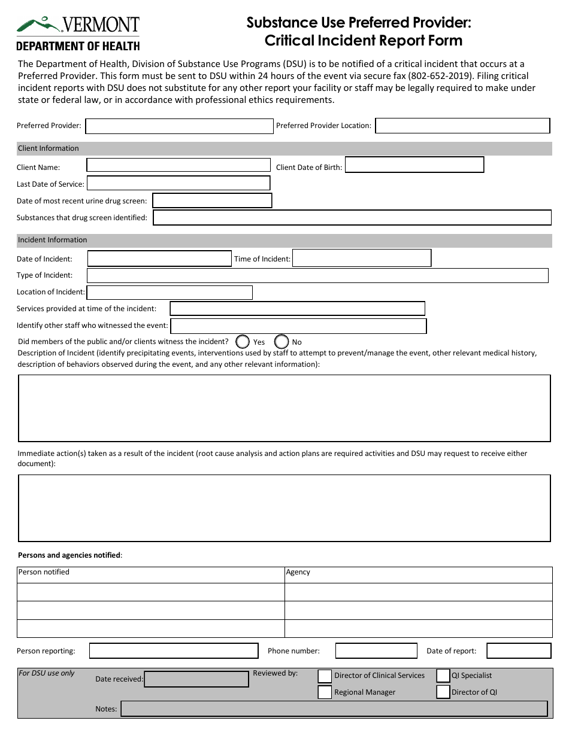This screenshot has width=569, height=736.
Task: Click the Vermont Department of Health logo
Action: click(78, 34)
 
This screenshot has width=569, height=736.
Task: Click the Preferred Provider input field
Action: click(179, 126)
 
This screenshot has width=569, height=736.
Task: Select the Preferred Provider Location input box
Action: click(462, 126)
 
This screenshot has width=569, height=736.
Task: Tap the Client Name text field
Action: click(178, 165)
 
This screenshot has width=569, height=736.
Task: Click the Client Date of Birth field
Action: click(414, 165)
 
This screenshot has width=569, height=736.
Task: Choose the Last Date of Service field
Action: click(178, 183)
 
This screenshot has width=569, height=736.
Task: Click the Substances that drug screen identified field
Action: click(352, 218)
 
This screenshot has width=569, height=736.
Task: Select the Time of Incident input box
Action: click(362, 258)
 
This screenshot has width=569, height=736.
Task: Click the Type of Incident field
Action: click(317, 275)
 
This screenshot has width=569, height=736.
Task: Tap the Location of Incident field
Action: click(170, 293)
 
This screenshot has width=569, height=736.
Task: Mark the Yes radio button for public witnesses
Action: click(243, 342)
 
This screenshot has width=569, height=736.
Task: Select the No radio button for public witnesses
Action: click(282, 342)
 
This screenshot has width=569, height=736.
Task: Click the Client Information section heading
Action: click(49, 148)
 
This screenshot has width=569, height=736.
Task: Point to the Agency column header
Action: click(298, 573)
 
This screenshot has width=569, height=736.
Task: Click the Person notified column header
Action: click(44, 573)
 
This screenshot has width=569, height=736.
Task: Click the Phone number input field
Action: click(376, 651)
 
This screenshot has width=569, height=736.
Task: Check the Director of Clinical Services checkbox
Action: click(325, 676)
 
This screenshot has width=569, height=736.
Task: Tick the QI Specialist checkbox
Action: click(443, 676)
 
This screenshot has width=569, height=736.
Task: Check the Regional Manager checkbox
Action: click(325, 692)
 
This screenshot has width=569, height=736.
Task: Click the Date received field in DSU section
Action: click(196, 679)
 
